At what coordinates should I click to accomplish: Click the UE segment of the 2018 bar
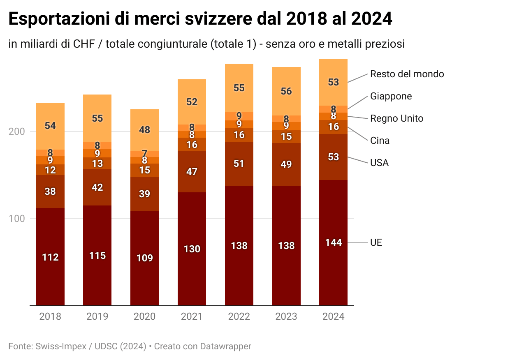tap(50, 257)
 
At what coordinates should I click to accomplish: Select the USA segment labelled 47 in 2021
tap(192, 172)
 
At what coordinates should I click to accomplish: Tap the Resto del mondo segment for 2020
tap(144, 130)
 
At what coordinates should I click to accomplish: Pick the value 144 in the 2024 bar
tap(334, 242)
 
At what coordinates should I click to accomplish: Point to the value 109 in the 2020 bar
tap(144, 258)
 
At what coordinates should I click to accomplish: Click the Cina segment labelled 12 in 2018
tap(50, 170)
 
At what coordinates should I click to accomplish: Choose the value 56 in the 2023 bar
tap(286, 91)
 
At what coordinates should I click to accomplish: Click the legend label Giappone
tap(391, 96)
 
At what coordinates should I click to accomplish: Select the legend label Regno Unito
tap(396, 118)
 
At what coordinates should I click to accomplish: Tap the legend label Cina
tap(380, 141)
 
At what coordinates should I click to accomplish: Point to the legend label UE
tap(376, 242)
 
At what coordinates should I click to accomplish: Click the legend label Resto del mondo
tap(407, 74)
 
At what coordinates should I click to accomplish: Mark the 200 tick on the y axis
tap(17, 132)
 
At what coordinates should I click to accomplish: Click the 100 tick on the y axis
tap(17, 219)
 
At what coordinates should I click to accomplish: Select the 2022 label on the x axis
tap(239, 316)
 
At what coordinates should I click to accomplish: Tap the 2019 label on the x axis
tap(97, 316)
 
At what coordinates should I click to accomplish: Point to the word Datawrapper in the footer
tap(225, 346)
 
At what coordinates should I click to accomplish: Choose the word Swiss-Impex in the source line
tap(61, 346)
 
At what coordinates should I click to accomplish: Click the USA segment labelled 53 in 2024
tap(334, 157)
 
